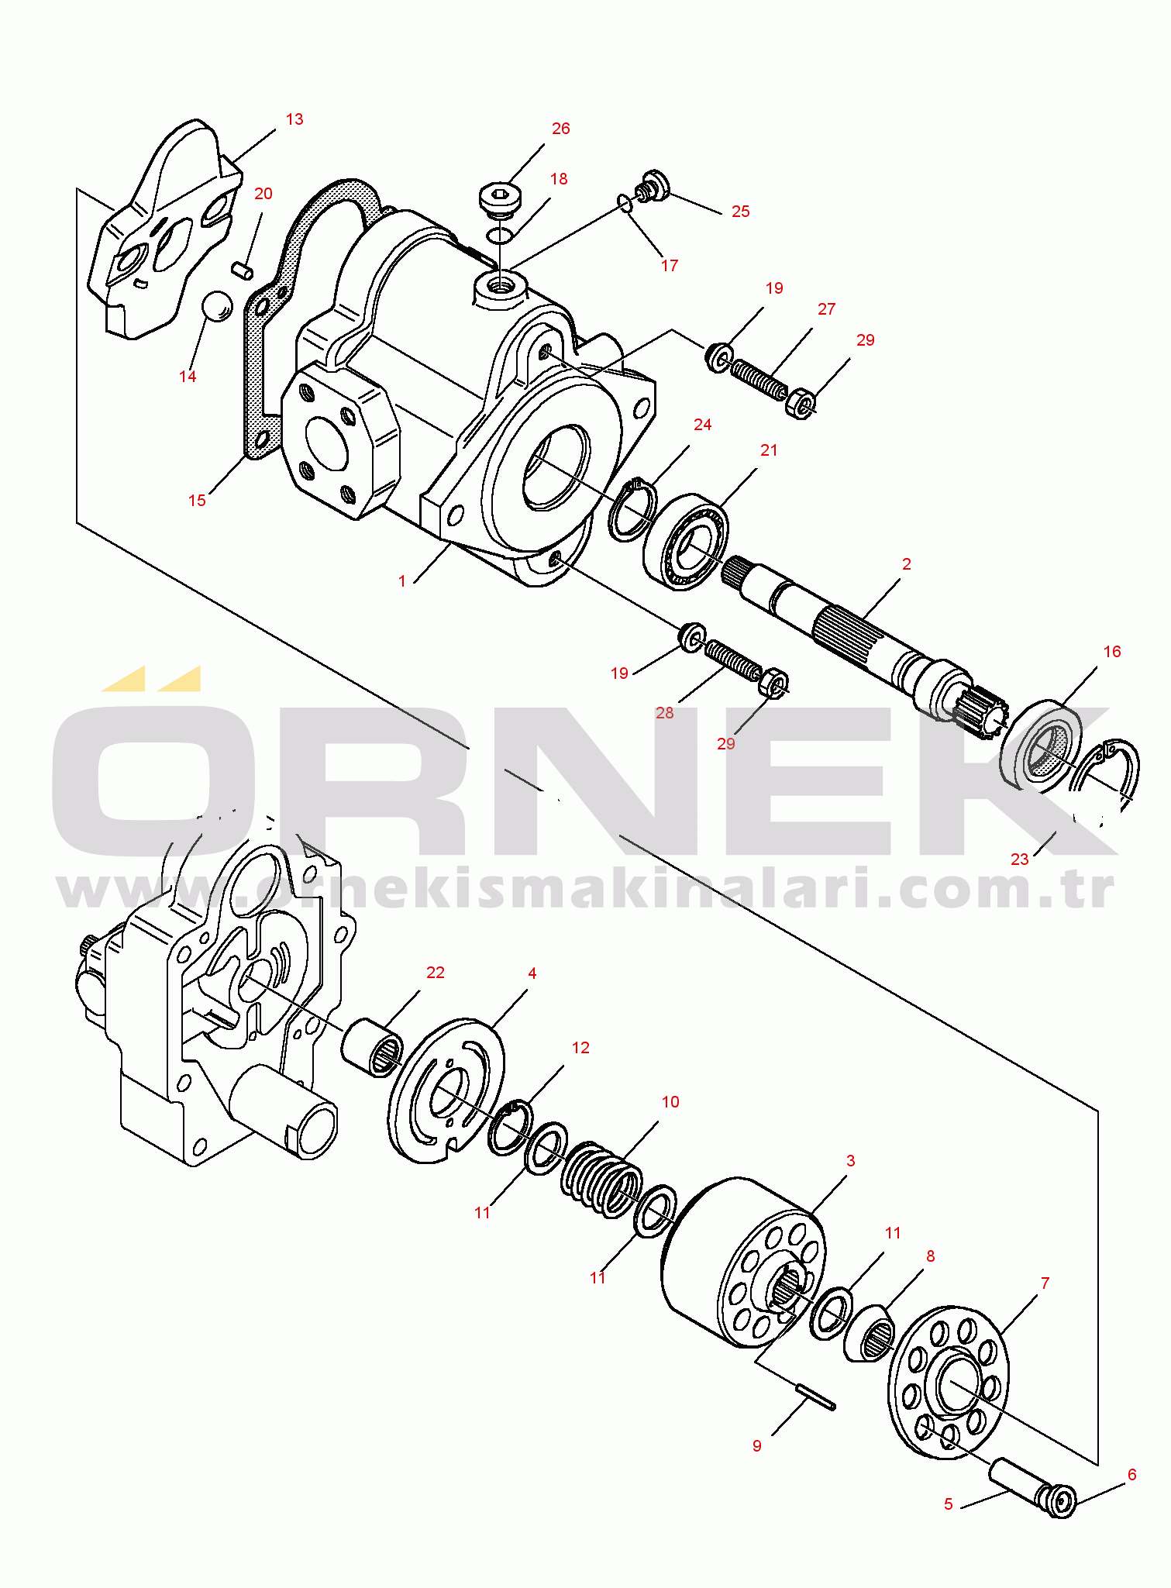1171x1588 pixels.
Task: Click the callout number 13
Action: point(294,119)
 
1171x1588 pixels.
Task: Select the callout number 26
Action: point(560,129)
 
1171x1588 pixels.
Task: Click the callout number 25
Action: point(741,212)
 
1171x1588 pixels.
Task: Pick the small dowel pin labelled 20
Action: point(243,270)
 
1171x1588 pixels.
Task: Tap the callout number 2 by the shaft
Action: point(907,564)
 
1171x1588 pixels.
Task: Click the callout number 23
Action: point(1020,859)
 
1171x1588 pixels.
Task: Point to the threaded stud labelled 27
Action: point(759,378)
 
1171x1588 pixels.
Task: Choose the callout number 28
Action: point(664,713)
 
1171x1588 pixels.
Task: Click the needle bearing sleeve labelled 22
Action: point(372,1048)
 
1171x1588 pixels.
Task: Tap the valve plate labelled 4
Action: point(446,1090)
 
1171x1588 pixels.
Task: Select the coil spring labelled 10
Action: point(602,1180)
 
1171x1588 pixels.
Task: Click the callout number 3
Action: point(850,1161)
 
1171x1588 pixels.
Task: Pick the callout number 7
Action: point(1045,1283)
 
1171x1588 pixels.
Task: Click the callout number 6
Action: point(1131,1475)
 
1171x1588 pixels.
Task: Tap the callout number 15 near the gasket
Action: point(197,501)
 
